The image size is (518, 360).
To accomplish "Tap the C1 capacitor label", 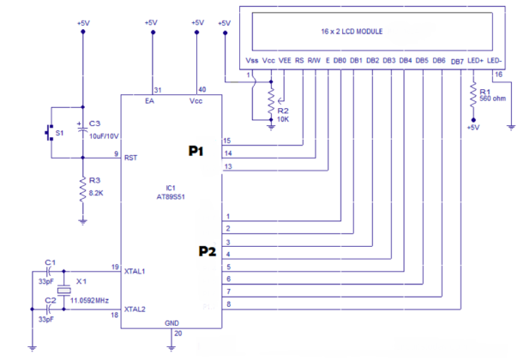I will coord(50,261).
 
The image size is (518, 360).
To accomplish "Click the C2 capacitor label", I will coord(50,301).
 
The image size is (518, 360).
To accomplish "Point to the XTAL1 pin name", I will coord(136,271).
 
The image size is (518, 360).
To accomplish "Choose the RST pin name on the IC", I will coord(131,158).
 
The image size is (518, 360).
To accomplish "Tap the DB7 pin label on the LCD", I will coord(457,61).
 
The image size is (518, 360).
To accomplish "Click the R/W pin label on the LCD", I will coord(314,61).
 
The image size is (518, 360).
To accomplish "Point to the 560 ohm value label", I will coord(493,98).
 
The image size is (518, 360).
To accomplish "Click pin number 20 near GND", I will coord(178,333).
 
